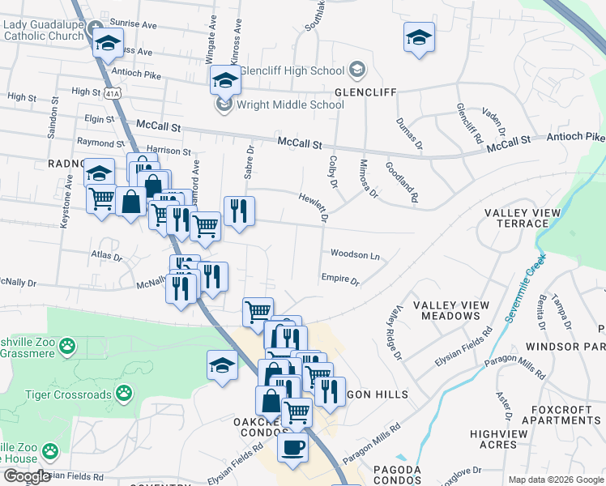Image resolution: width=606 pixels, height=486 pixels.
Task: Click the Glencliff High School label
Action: coord(292,70)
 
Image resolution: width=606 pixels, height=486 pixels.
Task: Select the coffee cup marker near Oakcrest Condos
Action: coord(292,446)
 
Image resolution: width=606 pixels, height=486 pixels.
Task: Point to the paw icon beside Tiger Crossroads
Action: coord(124,394)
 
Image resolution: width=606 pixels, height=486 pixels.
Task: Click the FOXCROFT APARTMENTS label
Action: coord(561,415)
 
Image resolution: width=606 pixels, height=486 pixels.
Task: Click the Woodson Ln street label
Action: coord(355,255)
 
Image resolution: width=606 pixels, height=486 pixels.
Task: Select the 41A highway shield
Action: coord(112,95)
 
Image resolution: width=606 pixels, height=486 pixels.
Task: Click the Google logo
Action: coord(27,476)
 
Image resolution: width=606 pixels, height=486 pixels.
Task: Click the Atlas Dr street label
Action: coord(106,258)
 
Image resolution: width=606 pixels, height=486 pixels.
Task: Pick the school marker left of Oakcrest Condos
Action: coord(222,364)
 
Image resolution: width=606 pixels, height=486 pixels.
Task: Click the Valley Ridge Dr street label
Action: coord(395,333)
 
